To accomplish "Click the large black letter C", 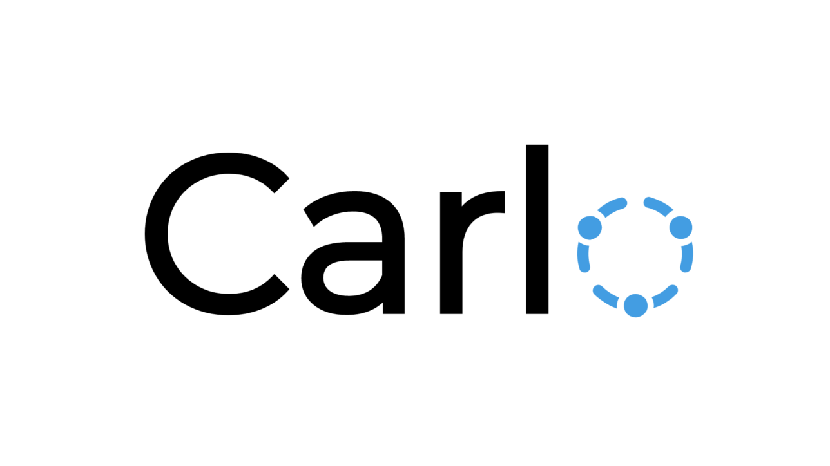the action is [x=157, y=234].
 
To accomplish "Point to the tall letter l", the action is [x=537, y=230].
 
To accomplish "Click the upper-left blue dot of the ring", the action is [x=590, y=228].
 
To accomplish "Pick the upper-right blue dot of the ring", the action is [x=681, y=227].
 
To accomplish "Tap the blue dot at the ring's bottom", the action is [x=636, y=306].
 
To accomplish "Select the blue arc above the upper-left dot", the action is [x=612, y=207].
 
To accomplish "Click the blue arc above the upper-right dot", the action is [x=659, y=206].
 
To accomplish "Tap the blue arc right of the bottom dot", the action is [x=666, y=296].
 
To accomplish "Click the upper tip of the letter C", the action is [x=282, y=186].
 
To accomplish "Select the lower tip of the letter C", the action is [x=282, y=282].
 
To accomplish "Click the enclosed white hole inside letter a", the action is [x=352, y=278].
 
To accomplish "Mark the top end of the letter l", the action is [x=537, y=145].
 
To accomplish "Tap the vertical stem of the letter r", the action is [x=451, y=253].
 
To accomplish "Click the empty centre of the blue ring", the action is [x=635, y=256].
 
